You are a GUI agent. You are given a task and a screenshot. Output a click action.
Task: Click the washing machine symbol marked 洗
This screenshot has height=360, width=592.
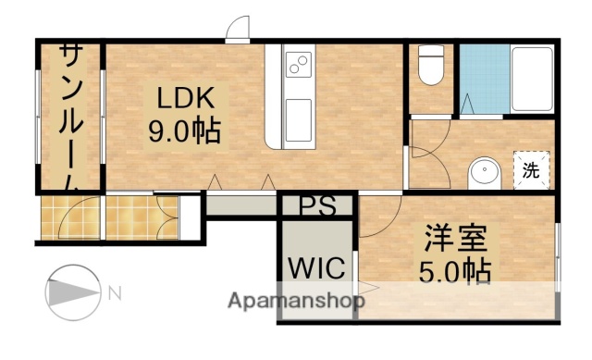point(531,169)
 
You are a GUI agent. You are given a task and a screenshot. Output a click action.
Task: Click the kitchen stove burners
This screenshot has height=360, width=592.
point(300,65)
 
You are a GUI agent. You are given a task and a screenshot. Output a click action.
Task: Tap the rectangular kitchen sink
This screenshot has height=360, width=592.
point(300,119)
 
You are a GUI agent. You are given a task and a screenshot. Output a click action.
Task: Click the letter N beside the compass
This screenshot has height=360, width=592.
point(114,294)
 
